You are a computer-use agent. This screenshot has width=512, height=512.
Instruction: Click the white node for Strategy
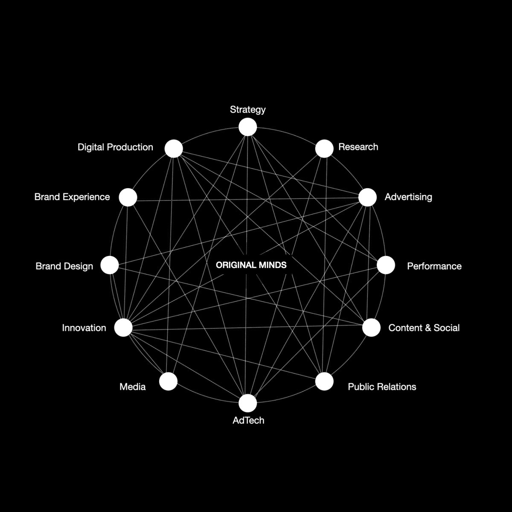pyautogui.click(x=248, y=127)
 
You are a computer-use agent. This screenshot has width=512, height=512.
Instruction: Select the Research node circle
pyautogui.click(x=324, y=148)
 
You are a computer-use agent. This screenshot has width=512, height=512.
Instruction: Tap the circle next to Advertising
pyautogui.click(x=368, y=198)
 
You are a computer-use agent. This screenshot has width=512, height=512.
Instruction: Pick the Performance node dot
pyautogui.click(x=386, y=265)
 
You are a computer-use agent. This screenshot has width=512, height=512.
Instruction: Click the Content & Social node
pyautogui.click(x=371, y=328)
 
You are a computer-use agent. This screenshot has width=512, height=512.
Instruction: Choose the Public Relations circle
pyautogui.click(x=324, y=381)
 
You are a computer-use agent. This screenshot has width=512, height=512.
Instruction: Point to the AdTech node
pyautogui.click(x=248, y=403)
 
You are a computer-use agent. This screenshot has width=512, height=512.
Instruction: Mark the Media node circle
pyautogui.click(x=168, y=381)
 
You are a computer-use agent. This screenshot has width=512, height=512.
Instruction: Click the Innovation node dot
pyautogui.click(x=123, y=327)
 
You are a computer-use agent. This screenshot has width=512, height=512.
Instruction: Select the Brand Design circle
pyautogui.click(x=110, y=265)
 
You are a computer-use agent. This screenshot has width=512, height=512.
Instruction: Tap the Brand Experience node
pyautogui.click(x=128, y=198)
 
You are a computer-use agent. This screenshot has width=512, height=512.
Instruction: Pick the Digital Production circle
pyautogui.click(x=174, y=148)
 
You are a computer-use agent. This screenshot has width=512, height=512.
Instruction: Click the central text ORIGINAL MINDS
pyautogui.click(x=251, y=265)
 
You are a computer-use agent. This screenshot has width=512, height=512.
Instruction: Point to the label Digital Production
pyautogui.click(x=115, y=147)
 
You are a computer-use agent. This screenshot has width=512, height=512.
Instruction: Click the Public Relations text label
pyautogui.click(x=382, y=387)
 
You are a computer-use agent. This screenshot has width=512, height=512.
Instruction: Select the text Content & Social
pyautogui.click(x=424, y=328)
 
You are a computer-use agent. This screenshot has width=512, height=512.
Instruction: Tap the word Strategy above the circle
pyautogui.click(x=248, y=110)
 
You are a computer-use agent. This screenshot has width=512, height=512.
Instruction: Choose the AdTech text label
pyautogui.click(x=248, y=420)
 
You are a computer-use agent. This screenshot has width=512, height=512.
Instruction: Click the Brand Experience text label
pyautogui.click(x=72, y=197)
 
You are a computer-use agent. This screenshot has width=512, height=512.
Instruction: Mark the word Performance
pyautogui.click(x=434, y=266)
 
